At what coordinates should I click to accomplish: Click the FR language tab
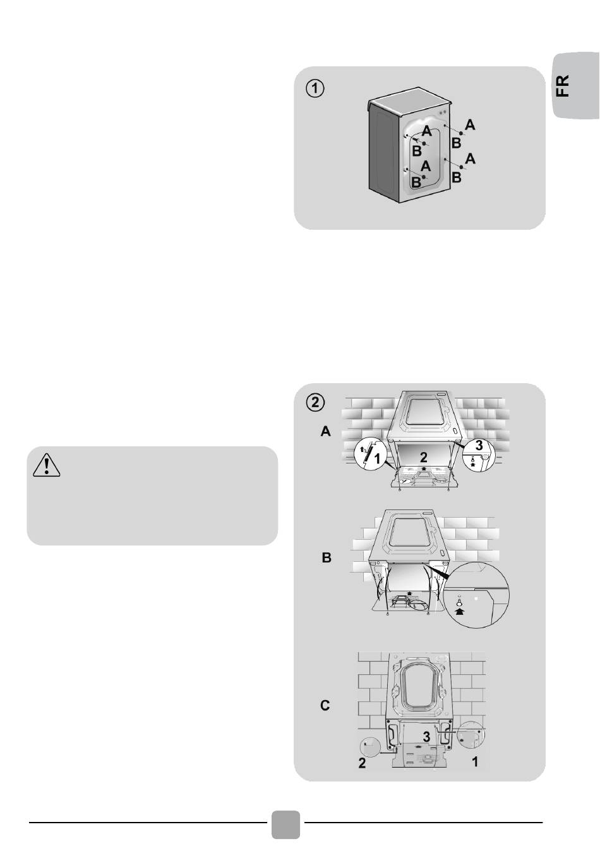pos(576,85)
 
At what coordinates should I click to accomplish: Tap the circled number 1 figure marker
pos(315,89)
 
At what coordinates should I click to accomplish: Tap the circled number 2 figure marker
pos(315,403)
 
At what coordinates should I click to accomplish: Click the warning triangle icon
pos(46,465)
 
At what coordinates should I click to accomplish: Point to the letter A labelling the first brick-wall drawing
pos(326,432)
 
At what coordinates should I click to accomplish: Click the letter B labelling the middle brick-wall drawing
pos(327,557)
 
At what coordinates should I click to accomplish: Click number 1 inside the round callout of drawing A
pos(377,460)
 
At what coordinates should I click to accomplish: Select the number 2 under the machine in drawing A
pos(424,456)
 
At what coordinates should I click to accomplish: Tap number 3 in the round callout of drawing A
pos(479,445)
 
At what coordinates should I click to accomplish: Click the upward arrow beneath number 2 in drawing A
pos(424,469)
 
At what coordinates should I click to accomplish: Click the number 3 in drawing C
pos(427,737)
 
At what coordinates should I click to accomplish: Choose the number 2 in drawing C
pos(362,763)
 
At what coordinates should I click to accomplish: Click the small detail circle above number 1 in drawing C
pos(471,734)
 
